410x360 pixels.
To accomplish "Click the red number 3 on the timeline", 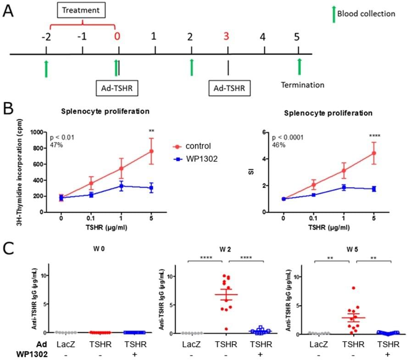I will coord(226,37).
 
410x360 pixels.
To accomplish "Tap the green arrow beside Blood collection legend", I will coord(333,13).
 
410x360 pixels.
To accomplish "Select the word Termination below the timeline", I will coord(302,85).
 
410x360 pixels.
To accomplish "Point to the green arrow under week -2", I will coord(46,68).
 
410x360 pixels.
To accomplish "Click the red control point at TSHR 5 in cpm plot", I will coord(151,151).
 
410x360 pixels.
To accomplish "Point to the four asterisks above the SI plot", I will coord(374,136).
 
